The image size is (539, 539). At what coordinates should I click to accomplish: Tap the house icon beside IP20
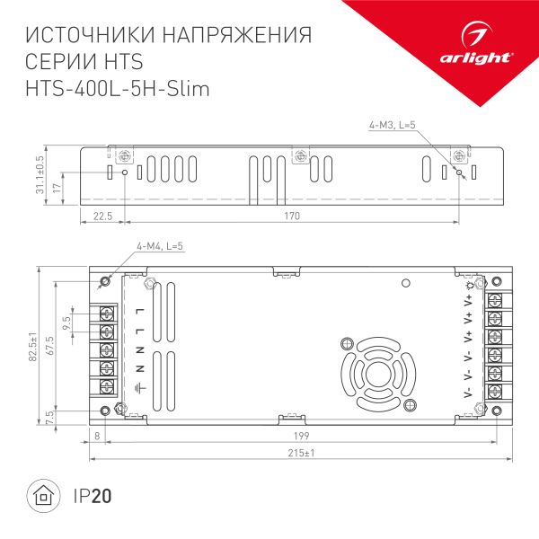pos(43,496)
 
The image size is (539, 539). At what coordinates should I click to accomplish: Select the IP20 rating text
pos(93,496)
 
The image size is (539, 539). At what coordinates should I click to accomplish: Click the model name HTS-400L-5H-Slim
pos(118,89)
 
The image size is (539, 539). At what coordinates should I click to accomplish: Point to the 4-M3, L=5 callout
pos(392,125)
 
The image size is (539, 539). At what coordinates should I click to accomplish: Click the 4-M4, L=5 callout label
pos(160,246)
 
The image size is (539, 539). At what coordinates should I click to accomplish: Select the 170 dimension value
pos(292,216)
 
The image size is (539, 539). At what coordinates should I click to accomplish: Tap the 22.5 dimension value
pos(102,216)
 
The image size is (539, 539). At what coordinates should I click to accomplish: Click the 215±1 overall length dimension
pos(301,453)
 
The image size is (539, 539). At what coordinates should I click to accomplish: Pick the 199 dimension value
pos(302,436)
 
